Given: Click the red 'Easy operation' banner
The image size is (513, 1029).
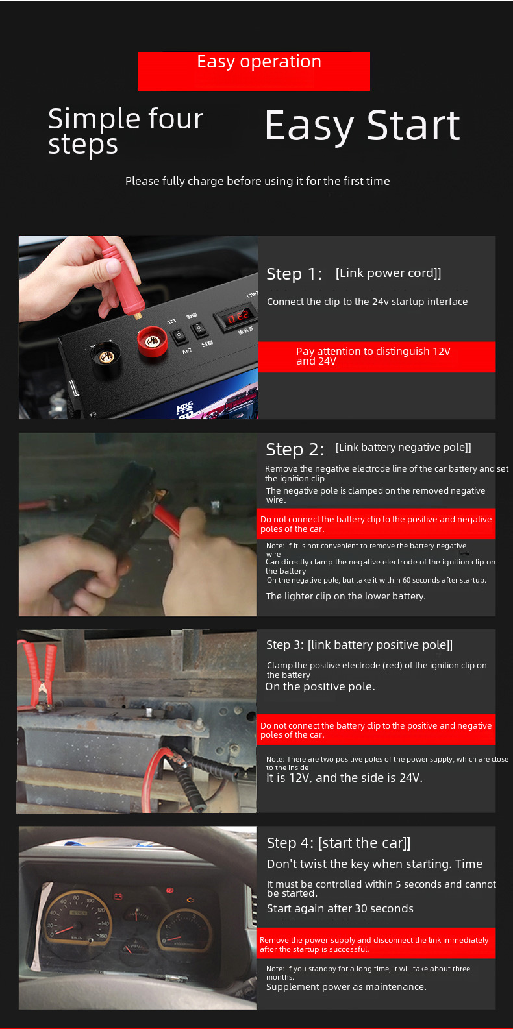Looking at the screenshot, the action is coord(254,71).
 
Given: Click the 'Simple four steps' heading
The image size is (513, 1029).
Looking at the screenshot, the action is coord(125,131).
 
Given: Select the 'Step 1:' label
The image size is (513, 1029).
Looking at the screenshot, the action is coord(294,274).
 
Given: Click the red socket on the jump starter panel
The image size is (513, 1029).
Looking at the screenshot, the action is coord(152,341).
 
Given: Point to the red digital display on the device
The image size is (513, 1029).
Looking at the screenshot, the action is coord(238,317).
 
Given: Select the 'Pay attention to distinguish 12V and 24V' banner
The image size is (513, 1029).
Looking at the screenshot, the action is coord(377,356).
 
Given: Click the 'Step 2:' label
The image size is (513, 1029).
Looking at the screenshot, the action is coord(295,449).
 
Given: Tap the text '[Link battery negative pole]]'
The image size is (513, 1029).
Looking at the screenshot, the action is coord(403,448).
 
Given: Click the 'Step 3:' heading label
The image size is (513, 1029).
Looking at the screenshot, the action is coord(284,645).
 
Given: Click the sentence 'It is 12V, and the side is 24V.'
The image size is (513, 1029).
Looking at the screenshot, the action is coord(344,778).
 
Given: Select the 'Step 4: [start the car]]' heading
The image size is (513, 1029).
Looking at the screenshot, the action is coord(339,843).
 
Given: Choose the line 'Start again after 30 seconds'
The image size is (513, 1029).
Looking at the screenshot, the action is coord(340,908).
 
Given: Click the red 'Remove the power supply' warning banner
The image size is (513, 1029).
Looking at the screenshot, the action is coord(377,943).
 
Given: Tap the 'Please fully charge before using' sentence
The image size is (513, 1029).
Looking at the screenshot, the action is coord(257,181).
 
